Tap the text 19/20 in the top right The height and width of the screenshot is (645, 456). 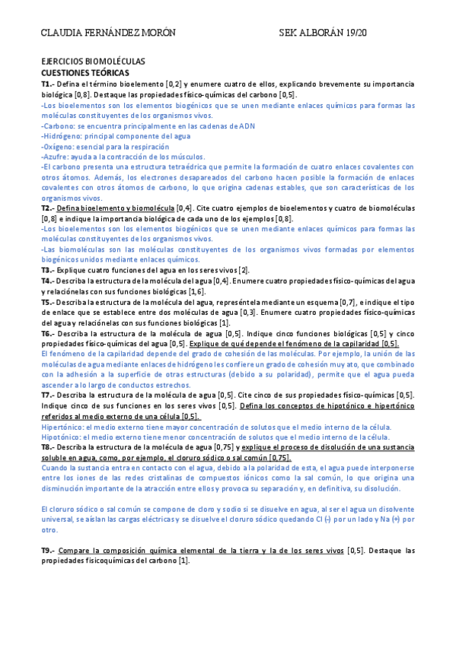[x=354, y=34]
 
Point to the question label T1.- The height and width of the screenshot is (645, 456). [x=48, y=83]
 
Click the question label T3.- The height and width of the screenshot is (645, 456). [x=48, y=270]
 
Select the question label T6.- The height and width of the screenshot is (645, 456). [x=48, y=333]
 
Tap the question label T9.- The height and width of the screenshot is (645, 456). [x=48, y=549]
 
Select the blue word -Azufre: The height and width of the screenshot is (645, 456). [x=59, y=155]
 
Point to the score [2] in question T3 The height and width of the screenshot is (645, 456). [x=244, y=270]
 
